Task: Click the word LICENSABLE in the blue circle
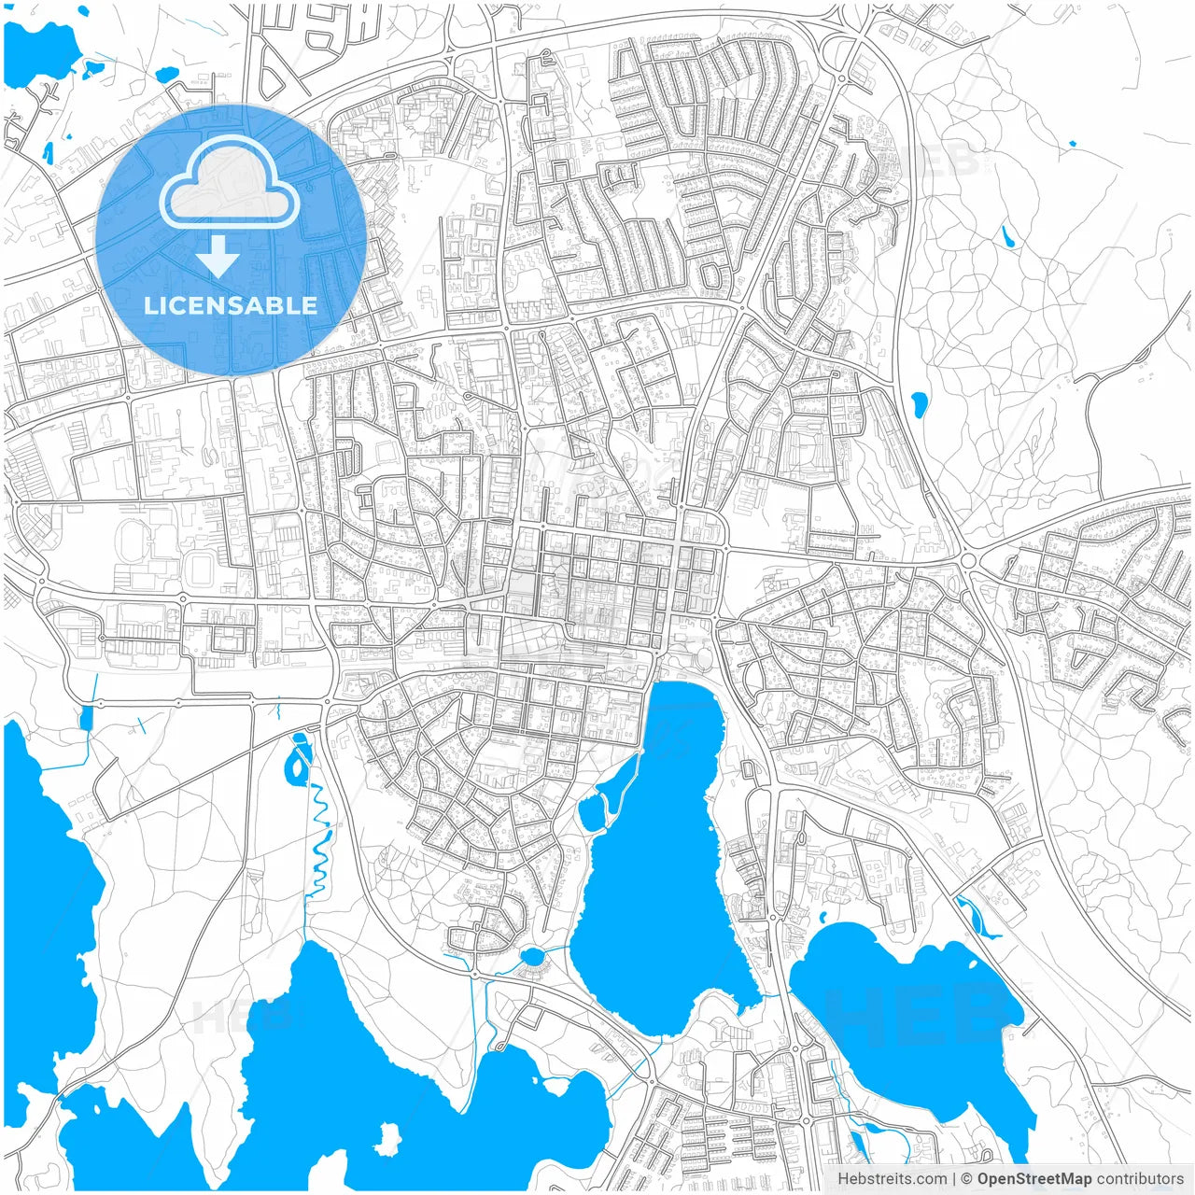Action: pyautogui.click(x=231, y=305)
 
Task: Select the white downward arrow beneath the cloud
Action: pyautogui.click(x=218, y=255)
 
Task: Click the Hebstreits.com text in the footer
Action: pyautogui.click(x=892, y=1179)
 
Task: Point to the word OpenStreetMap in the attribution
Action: pyautogui.click(x=1034, y=1179)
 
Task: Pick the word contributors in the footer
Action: pyautogui.click(x=1140, y=1179)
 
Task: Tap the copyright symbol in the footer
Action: pyautogui.click(x=966, y=1179)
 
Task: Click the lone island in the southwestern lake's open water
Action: pyautogui.click(x=387, y=1138)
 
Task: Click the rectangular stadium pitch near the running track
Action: pyautogui.click(x=202, y=568)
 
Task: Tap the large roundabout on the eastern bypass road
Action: pyautogui.click(x=966, y=560)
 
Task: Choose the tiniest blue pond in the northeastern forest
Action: pyautogui.click(x=1072, y=143)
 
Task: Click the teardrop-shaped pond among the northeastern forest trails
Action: pyautogui.click(x=920, y=404)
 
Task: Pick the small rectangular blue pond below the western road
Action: pyautogui.click(x=87, y=718)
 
